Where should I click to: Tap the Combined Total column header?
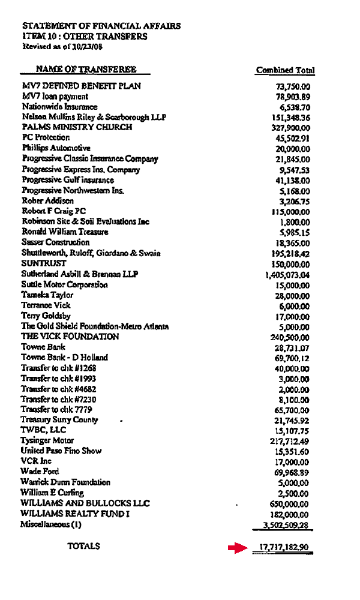click(285, 70)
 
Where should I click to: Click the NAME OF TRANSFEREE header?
click(86, 70)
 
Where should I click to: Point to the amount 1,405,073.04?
click(287, 274)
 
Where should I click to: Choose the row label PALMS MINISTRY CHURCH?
click(77, 128)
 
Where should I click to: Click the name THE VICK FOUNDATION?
click(70, 337)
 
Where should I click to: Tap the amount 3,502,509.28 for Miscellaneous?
click(287, 525)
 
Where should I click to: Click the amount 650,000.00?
click(290, 503)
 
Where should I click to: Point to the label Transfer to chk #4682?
click(58, 389)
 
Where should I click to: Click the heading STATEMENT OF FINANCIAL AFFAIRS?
click(101, 26)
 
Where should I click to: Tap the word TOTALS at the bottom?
click(83, 546)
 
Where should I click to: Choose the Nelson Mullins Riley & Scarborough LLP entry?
click(94, 117)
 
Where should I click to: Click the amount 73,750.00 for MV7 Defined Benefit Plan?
click(293, 86)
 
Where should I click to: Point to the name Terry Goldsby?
click(46, 316)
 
